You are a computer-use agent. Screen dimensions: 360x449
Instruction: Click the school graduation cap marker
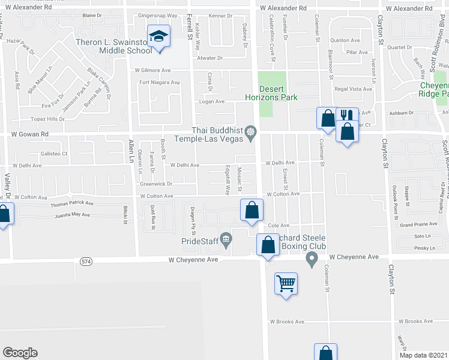pyautogui.click(x=159, y=37)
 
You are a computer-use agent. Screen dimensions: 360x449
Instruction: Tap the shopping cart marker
pyautogui.click(x=286, y=283)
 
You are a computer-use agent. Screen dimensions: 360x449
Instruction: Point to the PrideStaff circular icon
pyautogui.click(x=226, y=241)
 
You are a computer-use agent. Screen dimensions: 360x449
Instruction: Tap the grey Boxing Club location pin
pyautogui.click(x=311, y=259)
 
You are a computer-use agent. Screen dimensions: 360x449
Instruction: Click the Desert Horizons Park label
pyautogui.click(x=271, y=92)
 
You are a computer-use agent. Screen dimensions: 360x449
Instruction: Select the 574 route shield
pyautogui.click(x=86, y=260)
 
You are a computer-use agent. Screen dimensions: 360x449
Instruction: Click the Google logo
pyautogui.click(x=20, y=353)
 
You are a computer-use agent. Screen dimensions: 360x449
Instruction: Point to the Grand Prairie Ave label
pyautogui.click(x=414, y=224)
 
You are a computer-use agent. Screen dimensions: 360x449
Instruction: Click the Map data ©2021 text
pyautogui.click(x=423, y=355)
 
